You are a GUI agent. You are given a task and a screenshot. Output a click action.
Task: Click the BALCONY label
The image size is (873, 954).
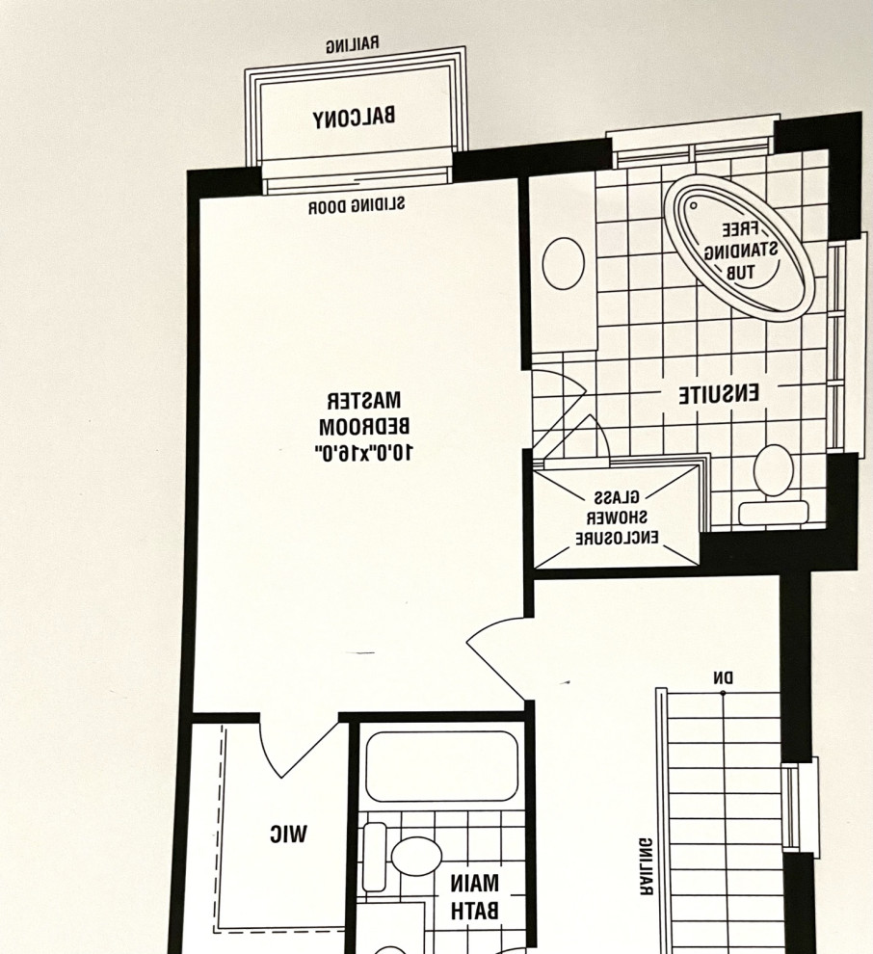coord(354,118)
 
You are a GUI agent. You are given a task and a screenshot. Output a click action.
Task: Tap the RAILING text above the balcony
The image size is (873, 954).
coord(352,44)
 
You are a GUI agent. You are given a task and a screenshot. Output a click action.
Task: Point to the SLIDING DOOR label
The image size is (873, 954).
coord(357,205)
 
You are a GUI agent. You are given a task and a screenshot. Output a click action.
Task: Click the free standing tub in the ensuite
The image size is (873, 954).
coord(738,247)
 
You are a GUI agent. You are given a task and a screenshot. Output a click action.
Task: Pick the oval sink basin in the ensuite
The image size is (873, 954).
coord(563,263)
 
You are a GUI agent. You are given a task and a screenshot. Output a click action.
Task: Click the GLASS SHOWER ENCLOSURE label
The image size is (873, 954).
coord(617,518)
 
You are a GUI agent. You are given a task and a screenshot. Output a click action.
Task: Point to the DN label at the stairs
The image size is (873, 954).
coord(723,678)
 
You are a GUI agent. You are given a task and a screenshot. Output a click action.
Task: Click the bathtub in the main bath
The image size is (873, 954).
coord(442,766)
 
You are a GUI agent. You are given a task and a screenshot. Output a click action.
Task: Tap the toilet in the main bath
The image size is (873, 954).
coord(414,856)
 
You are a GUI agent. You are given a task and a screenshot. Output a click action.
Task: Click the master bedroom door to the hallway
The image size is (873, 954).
coord(496,655)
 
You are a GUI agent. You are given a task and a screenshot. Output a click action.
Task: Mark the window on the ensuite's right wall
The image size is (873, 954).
coord(837,347)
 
